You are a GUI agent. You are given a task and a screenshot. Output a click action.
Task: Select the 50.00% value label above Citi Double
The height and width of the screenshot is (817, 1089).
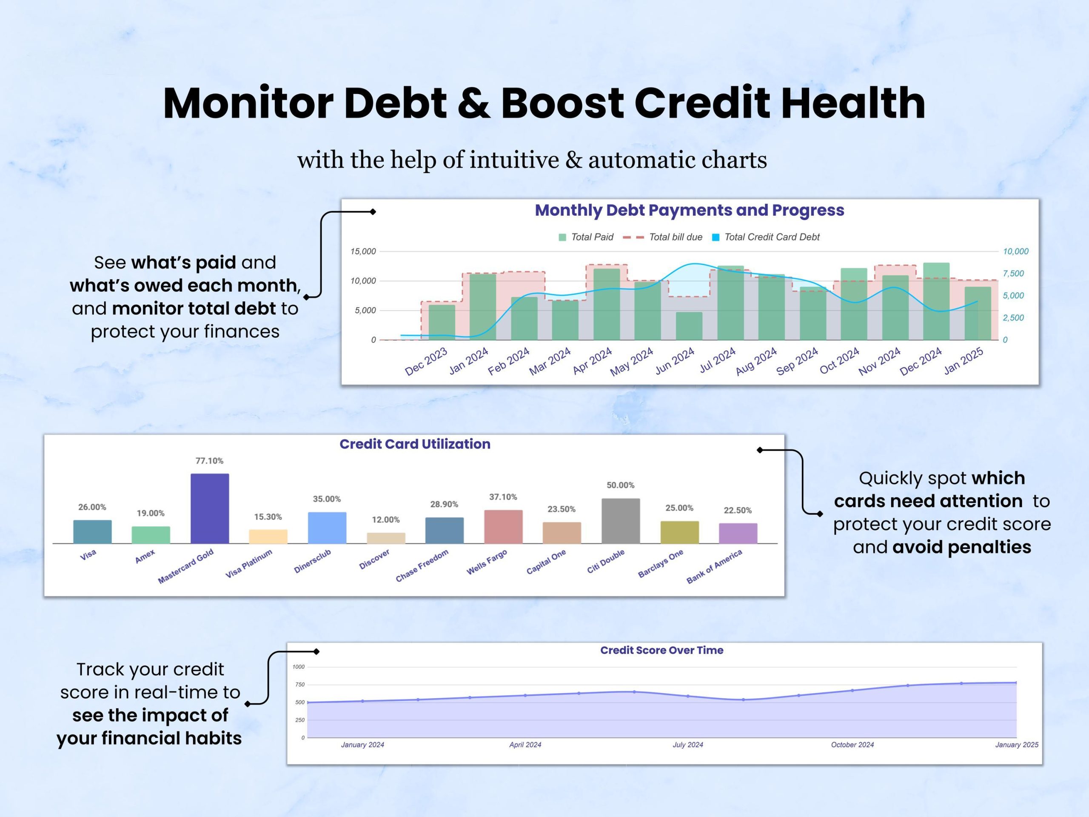[x=620, y=485]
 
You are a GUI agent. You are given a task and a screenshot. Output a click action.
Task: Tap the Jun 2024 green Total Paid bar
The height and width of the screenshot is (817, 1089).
[x=689, y=326]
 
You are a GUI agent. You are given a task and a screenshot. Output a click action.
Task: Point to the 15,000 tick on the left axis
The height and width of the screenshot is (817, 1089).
[x=363, y=251]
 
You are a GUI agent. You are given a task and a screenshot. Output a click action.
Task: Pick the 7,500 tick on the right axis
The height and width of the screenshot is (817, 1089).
[x=1013, y=273]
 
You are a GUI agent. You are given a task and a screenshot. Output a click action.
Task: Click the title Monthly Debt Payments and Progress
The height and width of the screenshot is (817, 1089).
[x=689, y=210]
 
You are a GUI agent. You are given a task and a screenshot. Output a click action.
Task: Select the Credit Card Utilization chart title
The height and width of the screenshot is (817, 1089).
[x=414, y=444]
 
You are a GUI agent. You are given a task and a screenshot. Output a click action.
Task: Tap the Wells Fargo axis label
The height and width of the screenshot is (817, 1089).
[x=487, y=562]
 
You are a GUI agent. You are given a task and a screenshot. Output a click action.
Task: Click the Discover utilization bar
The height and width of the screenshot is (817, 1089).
[x=386, y=538]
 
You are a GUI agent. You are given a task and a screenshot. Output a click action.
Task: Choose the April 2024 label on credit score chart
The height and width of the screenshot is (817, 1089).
[x=525, y=745]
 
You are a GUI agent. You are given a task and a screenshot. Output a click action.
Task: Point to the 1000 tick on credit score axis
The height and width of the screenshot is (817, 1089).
[x=298, y=667]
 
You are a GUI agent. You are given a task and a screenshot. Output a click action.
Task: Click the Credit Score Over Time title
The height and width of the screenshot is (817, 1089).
[x=661, y=650]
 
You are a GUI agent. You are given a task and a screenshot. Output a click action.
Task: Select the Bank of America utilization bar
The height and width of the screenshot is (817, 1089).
[x=738, y=533]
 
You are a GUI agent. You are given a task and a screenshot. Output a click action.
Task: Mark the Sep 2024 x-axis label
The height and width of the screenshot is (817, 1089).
[x=797, y=361]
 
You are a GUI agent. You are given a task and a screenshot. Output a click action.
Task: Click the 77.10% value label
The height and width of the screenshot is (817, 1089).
[x=209, y=461]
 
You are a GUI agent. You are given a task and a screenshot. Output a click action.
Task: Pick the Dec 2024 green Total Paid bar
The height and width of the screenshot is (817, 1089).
[x=936, y=301]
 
